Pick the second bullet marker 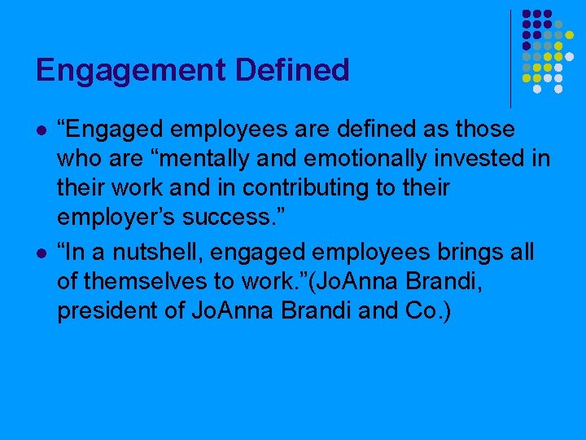point(41,253)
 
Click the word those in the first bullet point(485,129)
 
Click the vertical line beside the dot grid point(511,57)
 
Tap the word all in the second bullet point(518,253)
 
